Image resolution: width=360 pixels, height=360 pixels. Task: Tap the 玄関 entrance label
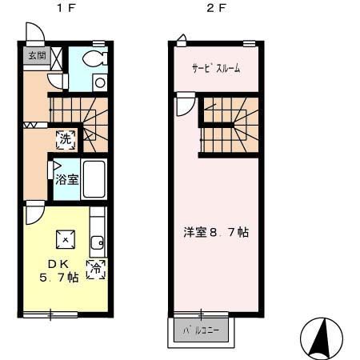point(37,55)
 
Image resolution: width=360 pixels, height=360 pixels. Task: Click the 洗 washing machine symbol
point(66,138)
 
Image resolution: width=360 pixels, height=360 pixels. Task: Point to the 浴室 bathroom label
point(66,180)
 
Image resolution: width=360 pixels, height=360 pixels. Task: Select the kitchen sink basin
point(98,242)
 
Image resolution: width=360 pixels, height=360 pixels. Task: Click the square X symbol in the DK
point(65,238)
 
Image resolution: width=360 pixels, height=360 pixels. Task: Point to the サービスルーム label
point(215,68)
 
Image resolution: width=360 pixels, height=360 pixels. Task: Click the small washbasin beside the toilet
point(99,81)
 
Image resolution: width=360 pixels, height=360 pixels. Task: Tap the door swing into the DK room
point(35,213)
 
